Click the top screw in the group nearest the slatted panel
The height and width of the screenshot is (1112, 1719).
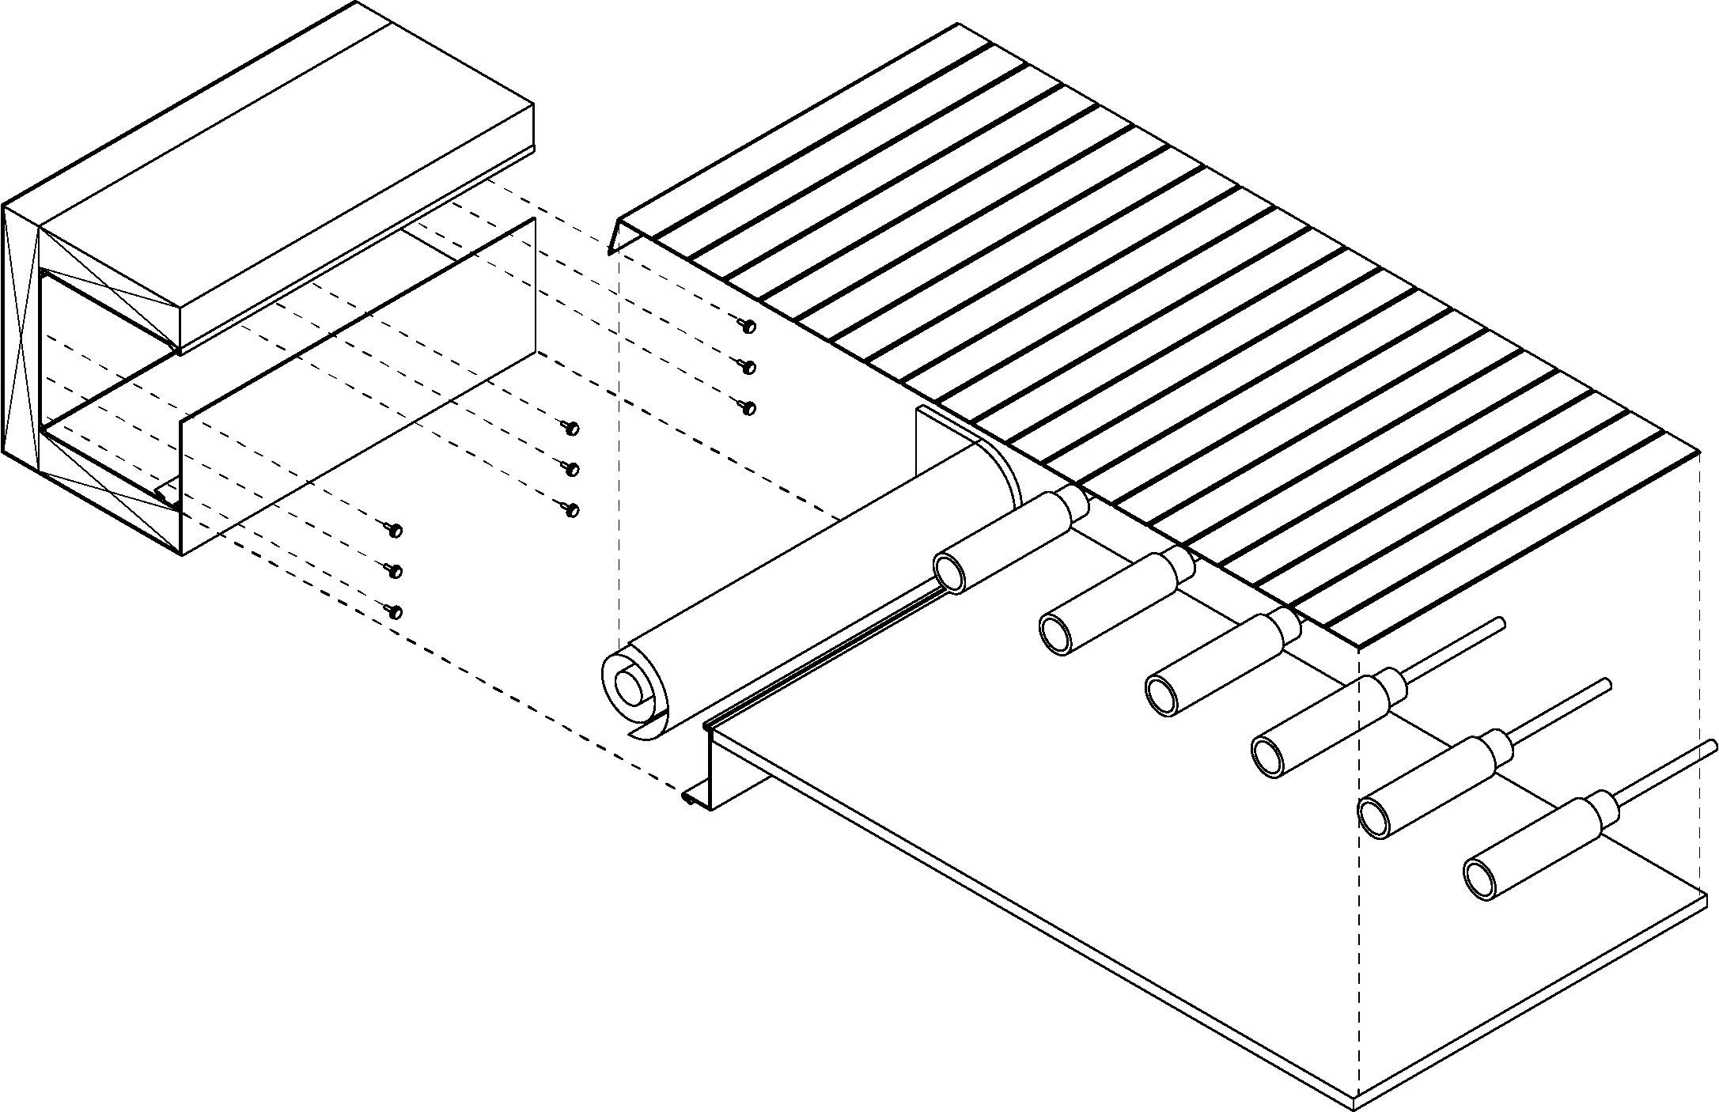748,325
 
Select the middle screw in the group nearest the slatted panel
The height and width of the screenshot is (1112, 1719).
748,367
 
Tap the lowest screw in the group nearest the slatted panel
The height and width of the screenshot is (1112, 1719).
748,408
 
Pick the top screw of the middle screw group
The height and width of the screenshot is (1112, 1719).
572,428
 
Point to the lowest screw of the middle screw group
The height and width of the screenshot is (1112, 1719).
572,510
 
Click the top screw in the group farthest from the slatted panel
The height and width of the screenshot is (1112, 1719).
396,529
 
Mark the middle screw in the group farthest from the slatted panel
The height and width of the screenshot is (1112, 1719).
396,570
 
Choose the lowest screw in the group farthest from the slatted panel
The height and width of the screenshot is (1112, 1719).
396,611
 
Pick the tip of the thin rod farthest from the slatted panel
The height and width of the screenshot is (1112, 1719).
1713,746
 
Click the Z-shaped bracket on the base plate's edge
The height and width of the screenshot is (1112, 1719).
712,767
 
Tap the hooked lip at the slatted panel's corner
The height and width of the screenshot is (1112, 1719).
615,237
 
